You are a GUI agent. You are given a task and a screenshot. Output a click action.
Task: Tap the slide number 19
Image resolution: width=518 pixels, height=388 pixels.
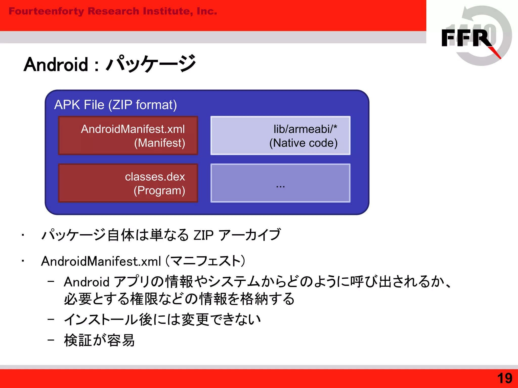point(505,378)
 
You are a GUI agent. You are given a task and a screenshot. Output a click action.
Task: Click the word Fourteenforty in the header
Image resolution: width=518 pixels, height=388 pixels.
point(46,11)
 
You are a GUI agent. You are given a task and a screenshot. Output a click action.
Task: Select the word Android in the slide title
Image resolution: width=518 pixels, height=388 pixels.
point(56,64)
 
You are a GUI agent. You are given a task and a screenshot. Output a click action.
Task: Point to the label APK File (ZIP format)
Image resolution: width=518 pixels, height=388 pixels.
point(116,105)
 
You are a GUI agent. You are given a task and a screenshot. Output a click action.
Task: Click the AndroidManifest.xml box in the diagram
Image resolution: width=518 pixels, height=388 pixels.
point(128,135)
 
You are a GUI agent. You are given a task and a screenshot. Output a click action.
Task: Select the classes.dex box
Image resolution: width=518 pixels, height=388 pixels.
point(128,183)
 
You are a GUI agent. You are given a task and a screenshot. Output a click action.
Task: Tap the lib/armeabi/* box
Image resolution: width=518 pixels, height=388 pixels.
point(280,135)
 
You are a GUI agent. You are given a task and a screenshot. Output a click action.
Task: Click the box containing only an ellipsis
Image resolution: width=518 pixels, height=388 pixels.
point(280,183)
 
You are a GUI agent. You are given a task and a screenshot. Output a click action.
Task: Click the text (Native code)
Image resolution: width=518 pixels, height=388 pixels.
point(303,143)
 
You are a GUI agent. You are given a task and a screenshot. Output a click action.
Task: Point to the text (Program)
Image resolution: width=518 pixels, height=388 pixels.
point(159,190)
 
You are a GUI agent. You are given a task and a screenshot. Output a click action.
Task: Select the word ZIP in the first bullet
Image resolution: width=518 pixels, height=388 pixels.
point(203,235)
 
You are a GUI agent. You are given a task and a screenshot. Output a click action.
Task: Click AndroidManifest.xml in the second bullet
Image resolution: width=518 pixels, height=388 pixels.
point(101,261)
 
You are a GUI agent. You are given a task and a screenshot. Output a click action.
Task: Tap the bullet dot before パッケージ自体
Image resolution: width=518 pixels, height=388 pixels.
point(23,235)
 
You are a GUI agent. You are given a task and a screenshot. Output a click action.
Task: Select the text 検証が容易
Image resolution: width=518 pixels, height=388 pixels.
point(99,340)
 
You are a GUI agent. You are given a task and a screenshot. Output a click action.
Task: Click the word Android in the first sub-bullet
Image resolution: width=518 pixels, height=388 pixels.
point(87,282)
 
